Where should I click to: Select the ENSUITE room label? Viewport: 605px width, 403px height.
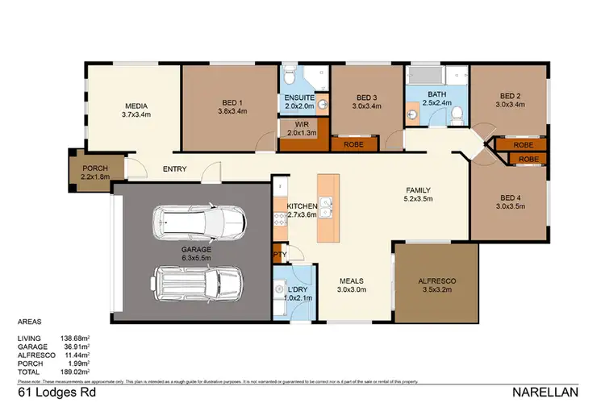pyautogui.click(x=299, y=98)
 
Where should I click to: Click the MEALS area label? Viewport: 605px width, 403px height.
pyautogui.click(x=351, y=281)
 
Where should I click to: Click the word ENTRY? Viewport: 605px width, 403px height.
pyautogui.click(x=174, y=169)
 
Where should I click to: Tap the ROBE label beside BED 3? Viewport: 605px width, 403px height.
pyautogui.click(x=352, y=144)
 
